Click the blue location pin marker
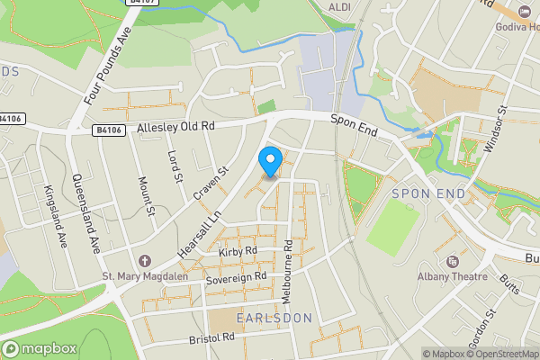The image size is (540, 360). [269, 161]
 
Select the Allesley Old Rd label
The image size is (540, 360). [176, 128]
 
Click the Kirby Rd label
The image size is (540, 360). [238, 252]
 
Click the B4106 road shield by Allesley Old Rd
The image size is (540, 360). [110, 130]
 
